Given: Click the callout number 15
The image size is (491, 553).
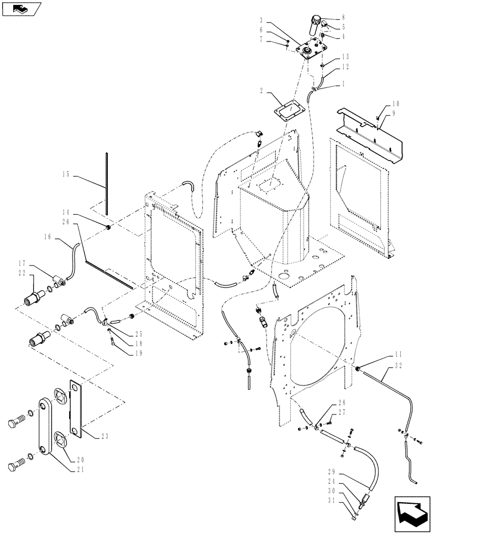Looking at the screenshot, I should (66, 175).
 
